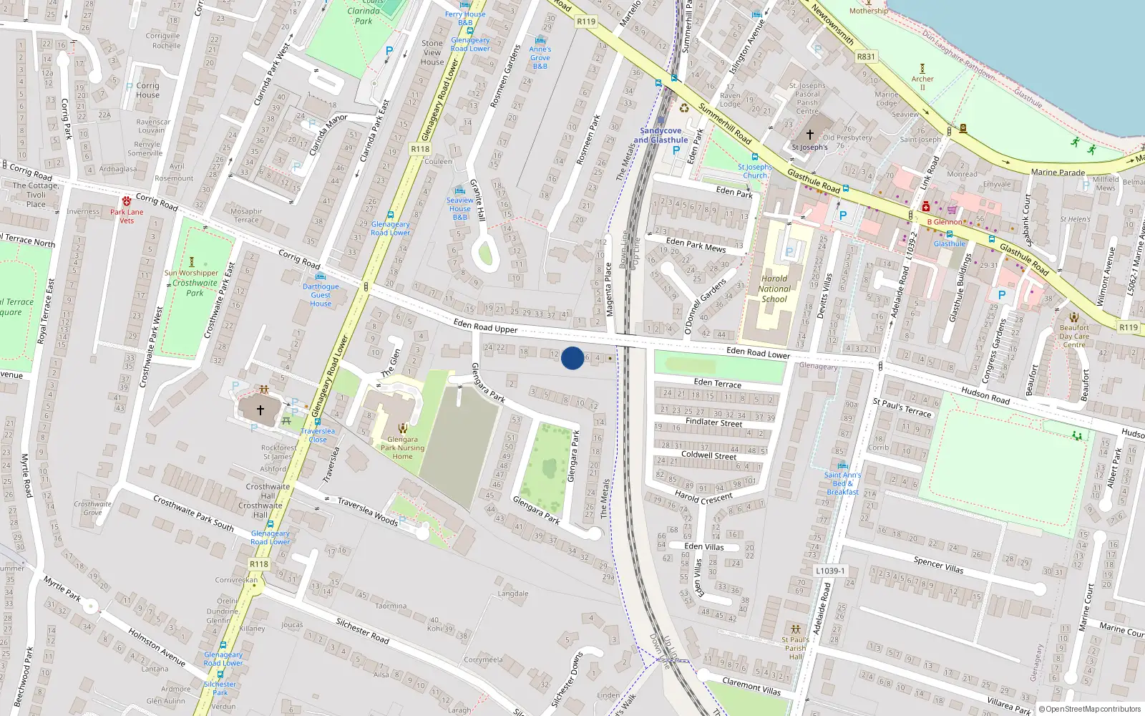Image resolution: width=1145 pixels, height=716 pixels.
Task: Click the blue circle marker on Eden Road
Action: point(572,358)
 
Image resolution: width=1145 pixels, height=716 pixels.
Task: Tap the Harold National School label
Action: point(774,289)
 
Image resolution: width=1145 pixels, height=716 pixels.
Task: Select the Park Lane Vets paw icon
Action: point(127,201)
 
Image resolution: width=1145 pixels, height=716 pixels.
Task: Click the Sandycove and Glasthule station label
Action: point(661,135)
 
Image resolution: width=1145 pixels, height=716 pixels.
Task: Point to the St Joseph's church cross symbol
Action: point(810,134)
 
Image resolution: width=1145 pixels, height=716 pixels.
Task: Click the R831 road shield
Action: point(866,57)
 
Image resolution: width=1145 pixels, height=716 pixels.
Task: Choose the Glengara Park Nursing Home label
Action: point(402,447)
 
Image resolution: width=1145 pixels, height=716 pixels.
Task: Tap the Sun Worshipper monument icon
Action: point(191,262)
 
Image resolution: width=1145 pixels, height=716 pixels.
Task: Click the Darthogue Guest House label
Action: point(321,295)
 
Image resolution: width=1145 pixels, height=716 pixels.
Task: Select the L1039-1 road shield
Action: point(830,571)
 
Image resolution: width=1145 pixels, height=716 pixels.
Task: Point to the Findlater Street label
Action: point(713,422)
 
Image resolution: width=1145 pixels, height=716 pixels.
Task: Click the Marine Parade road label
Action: point(1058,172)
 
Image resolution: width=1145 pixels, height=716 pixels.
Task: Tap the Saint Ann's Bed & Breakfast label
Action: point(842,483)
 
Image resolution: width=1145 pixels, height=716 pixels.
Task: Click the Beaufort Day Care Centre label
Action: point(1074,336)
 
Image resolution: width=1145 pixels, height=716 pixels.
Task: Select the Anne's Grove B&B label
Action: point(540,57)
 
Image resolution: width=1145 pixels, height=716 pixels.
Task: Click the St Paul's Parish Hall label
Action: point(795,648)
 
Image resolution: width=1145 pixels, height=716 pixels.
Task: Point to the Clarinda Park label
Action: point(364,16)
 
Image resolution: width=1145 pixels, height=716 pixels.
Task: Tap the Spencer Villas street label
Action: point(938,565)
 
